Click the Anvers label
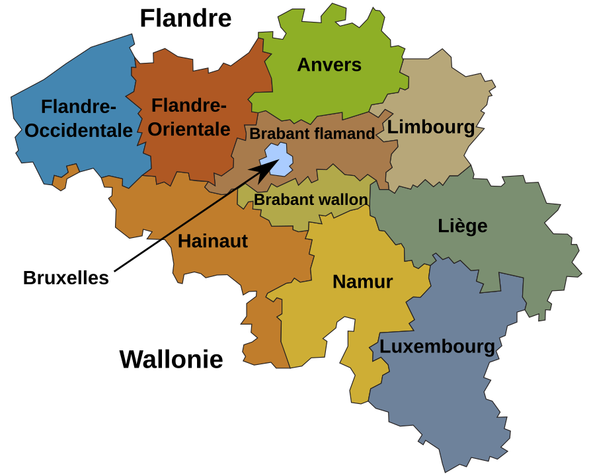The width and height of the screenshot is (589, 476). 329,65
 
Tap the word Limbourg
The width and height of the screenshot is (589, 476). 430,127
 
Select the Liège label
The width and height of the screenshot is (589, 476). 462,226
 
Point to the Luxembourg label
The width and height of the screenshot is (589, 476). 437,346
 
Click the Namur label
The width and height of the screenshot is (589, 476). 362,282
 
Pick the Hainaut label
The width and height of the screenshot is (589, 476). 212,241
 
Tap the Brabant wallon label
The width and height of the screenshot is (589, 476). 311,200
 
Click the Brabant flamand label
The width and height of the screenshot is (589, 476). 312,134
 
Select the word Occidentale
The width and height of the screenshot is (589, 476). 79,131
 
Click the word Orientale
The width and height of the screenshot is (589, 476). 188,129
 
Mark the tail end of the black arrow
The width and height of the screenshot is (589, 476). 161,239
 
